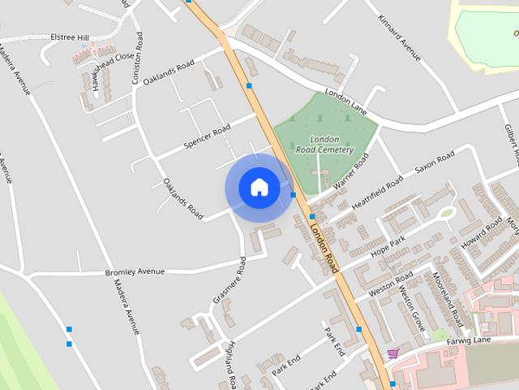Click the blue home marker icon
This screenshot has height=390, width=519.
pos(259,188)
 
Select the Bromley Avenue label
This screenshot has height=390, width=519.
pos(135,271)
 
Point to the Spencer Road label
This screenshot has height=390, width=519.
pos(208,136)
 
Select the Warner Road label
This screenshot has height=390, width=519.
pos(350,171)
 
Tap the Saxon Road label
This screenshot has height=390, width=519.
pos(435,164)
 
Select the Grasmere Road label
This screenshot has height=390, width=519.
pos(229,280)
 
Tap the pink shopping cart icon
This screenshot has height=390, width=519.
pos(393,353)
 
